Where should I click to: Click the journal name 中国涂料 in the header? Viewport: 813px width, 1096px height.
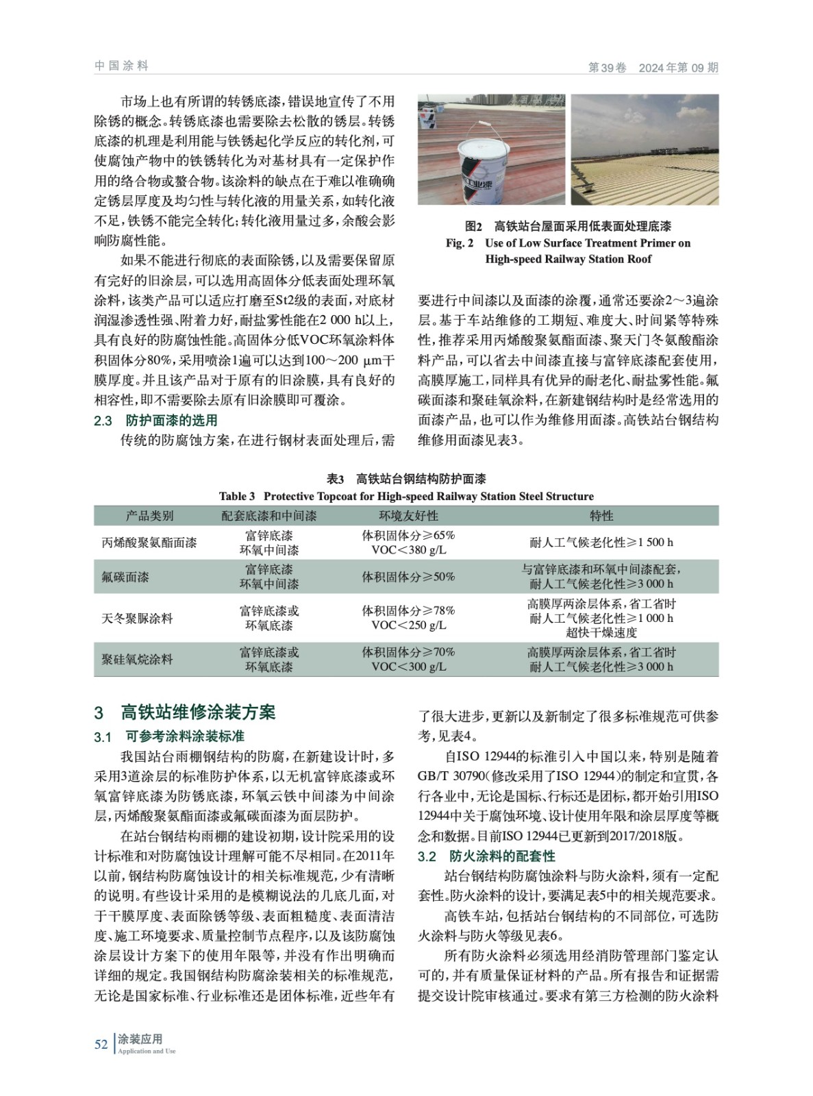121,66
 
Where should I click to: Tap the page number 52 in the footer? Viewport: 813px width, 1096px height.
101,1044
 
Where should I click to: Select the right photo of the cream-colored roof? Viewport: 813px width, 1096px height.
645,149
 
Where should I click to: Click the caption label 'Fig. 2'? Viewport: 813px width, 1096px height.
460,243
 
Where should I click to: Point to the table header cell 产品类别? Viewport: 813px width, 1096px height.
149,516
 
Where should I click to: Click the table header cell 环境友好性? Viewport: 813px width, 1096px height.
408,516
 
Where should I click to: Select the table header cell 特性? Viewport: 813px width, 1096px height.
601,516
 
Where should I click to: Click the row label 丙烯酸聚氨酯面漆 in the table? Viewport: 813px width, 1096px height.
149,543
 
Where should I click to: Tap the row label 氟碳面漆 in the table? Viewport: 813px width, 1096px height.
125,577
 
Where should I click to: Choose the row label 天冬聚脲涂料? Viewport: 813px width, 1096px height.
137,619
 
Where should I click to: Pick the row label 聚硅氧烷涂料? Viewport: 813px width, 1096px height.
137,660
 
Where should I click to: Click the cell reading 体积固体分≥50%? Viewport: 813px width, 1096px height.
408,577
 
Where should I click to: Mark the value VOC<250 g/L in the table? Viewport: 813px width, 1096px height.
408,625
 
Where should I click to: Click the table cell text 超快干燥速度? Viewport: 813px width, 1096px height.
601,632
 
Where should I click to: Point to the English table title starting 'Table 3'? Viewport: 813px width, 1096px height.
406,496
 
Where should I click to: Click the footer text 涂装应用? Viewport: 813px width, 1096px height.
140,1039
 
